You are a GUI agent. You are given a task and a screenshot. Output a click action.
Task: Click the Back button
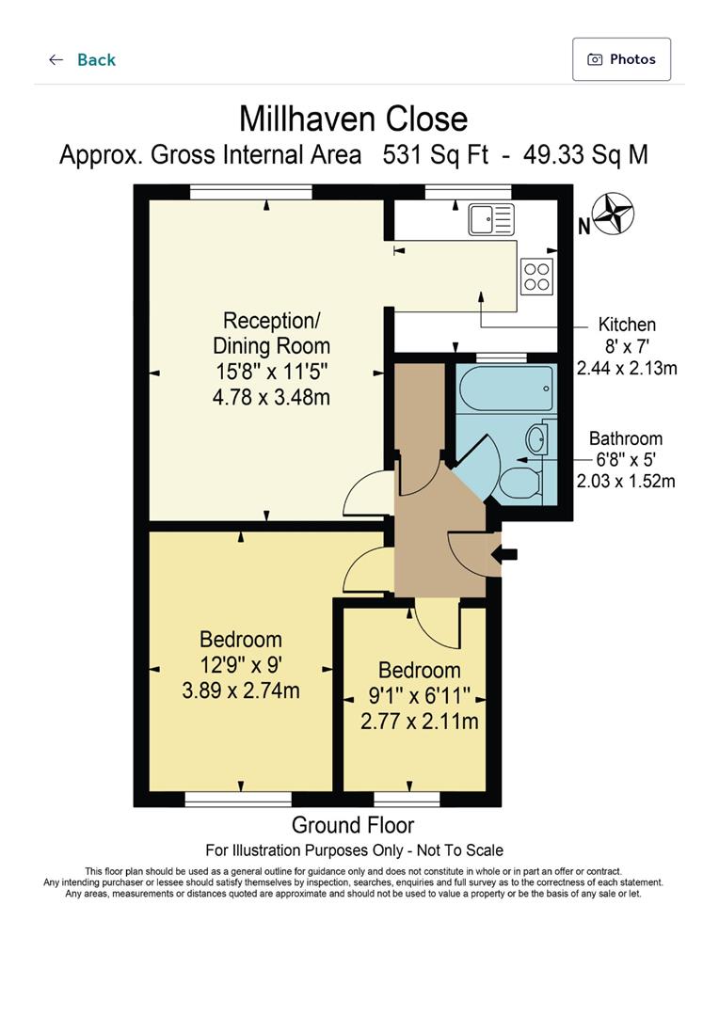pyautogui.click(x=82, y=60)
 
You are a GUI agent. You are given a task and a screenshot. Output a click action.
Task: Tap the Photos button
pyautogui.click(x=621, y=59)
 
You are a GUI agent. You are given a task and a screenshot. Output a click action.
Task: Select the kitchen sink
pyautogui.click(x=490, y=220)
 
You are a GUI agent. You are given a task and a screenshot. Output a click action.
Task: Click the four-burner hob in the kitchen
pyautogui.click(x=536, y=277)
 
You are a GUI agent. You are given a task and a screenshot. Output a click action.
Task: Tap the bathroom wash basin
pyautogui.click(x=536, y=438)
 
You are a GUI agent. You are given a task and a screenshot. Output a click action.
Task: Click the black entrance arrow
pyautogui.click(x=506, y=554)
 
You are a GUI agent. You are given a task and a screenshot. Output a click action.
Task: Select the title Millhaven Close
pyautogui.click(x=353, y=119)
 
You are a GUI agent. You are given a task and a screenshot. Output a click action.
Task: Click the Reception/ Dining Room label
pyautogui.click(x=272, y=333)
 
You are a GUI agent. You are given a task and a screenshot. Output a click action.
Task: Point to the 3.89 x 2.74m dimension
pyautogui.click(x=241, y=691)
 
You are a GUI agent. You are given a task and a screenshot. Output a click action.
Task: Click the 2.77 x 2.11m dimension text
pyautogui.click(x=420, y=722)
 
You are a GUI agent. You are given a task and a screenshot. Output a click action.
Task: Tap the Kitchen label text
pyautogui.click(x=627, y=325)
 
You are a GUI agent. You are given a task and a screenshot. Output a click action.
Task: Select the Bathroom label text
pyautogui.click(x=626, y=438)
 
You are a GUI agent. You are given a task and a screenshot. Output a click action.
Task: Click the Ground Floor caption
pyautogui.click(x=353, y=826)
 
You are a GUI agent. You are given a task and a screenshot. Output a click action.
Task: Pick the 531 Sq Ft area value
pyautogui.click(x=435, y=155)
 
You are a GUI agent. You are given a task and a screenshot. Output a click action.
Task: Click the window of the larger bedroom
pyautogui.click(x=238, y=800)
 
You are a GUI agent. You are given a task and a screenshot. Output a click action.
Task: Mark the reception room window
pyautogui.click(x=250, y=192)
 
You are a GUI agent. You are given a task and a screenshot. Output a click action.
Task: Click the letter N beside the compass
pyautogui.click(x=583, y=226)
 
